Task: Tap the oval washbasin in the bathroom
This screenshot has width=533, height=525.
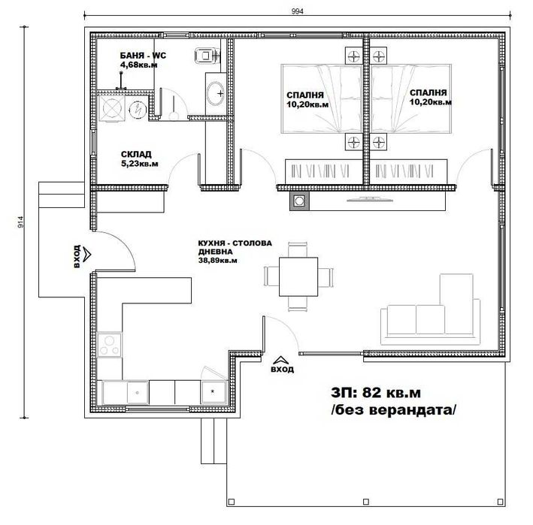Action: click(216, 93)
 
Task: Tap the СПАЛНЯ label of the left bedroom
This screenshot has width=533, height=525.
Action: click(305, 95)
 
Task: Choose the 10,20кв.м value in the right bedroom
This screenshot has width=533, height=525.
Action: click(430, 103)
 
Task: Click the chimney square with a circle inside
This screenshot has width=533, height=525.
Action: click(299, 201)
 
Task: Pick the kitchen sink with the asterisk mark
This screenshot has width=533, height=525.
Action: click(214, 391)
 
